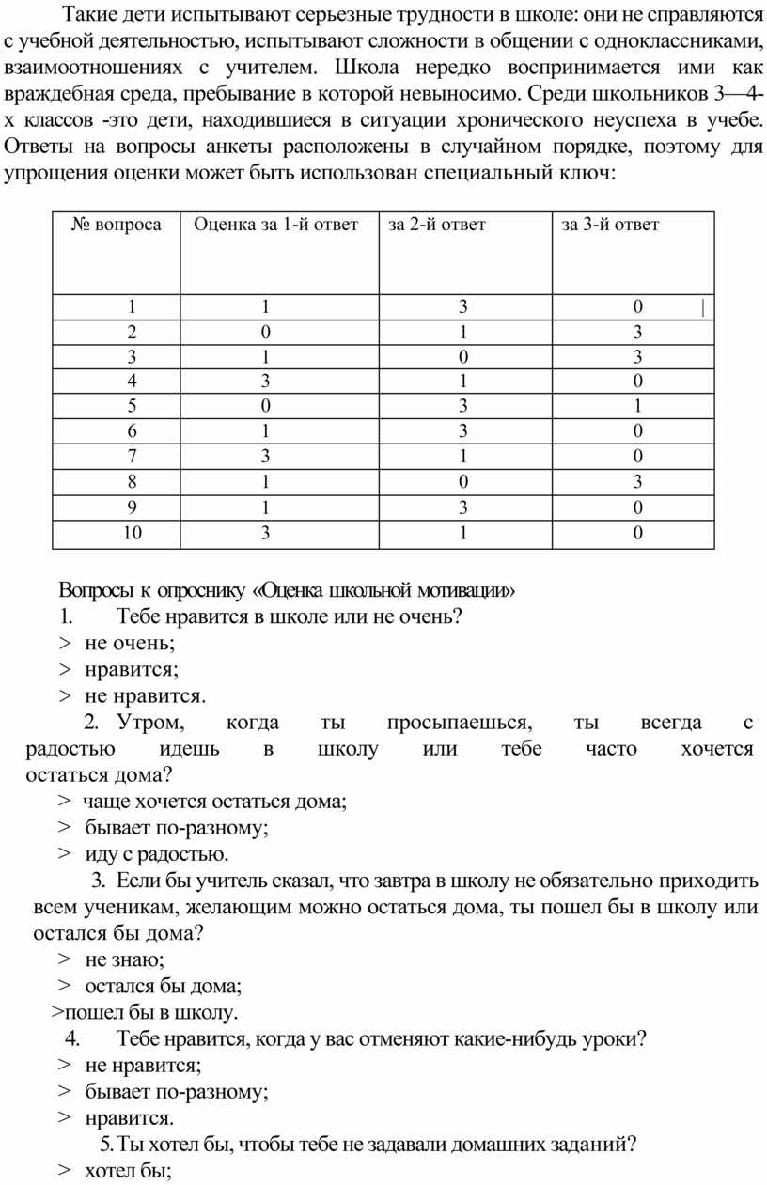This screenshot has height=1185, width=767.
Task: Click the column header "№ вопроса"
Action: [117, 225]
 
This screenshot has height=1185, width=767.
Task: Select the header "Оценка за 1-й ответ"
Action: [275, 225]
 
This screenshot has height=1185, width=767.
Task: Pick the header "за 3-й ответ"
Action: [610, 225]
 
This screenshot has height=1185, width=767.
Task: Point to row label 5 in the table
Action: [133, 407]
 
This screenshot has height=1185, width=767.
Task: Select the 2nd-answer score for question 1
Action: [463, 306]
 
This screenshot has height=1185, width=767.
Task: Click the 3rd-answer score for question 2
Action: [637, 332]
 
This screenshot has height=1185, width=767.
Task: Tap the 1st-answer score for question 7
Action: [266, 458]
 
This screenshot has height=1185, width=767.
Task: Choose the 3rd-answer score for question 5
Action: [637, 407]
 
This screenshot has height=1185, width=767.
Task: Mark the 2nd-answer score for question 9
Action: [463, 508]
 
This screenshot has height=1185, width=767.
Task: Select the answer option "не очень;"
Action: [130, 643]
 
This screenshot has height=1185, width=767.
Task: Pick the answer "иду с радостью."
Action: [155, 854]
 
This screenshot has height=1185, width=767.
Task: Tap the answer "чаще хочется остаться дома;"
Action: [214, 802]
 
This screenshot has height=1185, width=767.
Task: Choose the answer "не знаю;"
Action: [124, 959]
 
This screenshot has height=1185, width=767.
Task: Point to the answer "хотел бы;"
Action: [127, 1171]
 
